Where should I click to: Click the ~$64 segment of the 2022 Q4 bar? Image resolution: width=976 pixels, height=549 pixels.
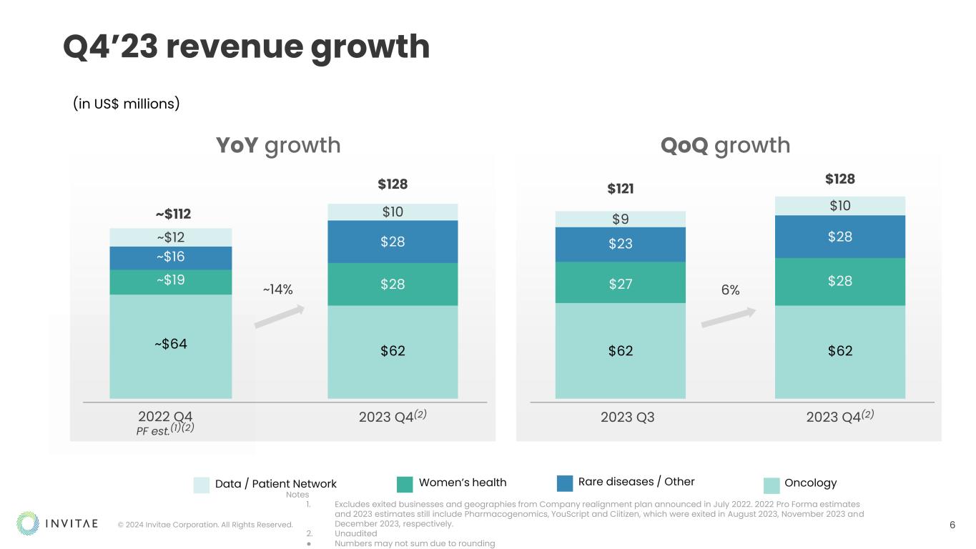[170, 345]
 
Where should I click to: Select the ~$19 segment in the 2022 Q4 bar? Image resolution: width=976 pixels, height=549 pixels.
[170, 281]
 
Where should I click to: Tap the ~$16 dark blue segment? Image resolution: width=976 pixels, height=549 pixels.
[170, 257]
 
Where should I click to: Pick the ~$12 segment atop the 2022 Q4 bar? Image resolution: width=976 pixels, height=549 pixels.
[170, 237]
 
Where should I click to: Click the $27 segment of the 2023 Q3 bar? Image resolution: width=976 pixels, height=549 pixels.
[620, 283]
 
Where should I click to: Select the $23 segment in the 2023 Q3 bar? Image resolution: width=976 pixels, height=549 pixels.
[620, 244]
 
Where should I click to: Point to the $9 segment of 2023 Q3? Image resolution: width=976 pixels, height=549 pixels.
[620, 219]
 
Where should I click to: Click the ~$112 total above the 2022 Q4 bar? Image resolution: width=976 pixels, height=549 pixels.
[173, 214]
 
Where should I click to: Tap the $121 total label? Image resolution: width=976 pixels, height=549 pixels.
[621, 189]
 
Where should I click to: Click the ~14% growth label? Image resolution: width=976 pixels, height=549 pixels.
[277, 290]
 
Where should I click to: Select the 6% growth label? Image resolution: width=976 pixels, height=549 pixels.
[730, 290]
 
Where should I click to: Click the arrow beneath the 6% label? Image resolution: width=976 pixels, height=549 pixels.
[729, 317]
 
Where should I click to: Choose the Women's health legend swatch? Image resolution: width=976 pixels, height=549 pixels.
[405, 484]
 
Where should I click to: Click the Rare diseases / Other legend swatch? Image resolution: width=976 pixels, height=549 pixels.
[565, 483]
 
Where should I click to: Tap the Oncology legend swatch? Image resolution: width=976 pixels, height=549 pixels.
[772, 485]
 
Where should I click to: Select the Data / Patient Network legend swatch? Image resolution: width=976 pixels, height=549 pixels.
[202, 485]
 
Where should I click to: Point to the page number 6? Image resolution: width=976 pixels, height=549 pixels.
[952, 525]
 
